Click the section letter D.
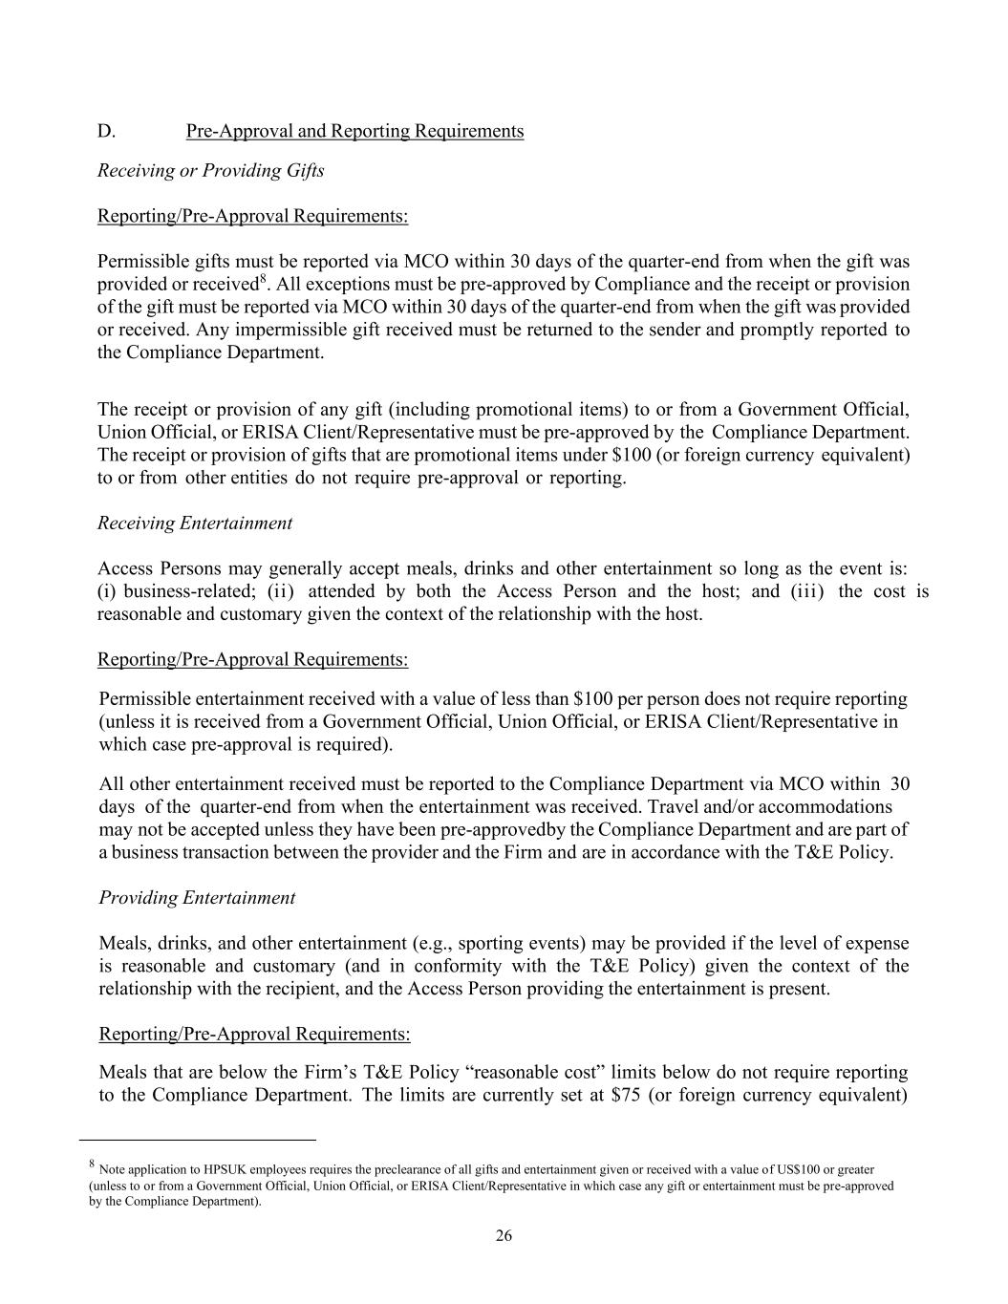coord(106,131)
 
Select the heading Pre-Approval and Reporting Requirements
coord(354,131)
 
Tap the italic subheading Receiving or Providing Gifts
coord(211,171)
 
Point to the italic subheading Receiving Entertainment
coord(195,524)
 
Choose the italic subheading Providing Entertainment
coord(197,898)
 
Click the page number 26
coord(504,1236)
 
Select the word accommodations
coord(810,807)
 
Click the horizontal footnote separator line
coord(197,1140)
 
